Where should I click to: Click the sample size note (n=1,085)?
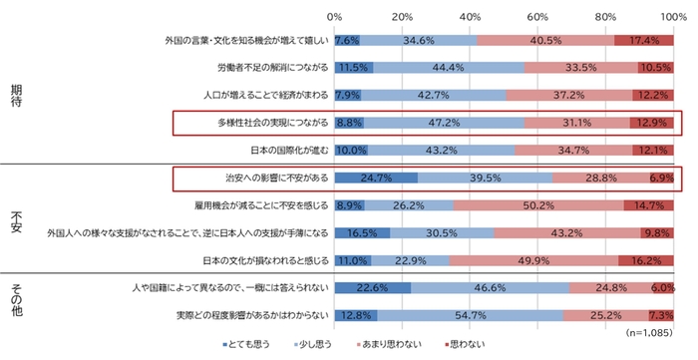tap(649, 330)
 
